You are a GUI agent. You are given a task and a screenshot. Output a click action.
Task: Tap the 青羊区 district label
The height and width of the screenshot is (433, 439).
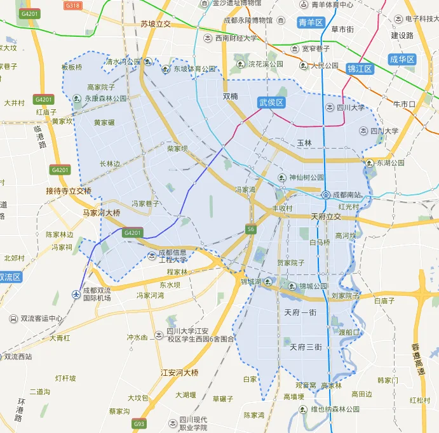[x=311, y=23]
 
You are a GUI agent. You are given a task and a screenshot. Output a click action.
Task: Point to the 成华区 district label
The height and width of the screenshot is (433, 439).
[x=402, y=59]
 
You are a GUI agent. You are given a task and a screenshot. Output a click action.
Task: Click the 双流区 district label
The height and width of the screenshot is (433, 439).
[x=10, y=277]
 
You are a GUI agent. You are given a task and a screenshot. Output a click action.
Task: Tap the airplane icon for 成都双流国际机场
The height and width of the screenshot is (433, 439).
[x=76, y=294]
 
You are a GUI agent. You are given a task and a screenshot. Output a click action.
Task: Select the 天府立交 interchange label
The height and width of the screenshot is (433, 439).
[x=326, y=216]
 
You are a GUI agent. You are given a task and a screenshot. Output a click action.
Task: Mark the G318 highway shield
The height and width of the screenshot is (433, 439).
[x=73, y=5]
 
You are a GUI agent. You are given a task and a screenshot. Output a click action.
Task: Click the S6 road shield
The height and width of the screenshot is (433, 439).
[x=252, y=229]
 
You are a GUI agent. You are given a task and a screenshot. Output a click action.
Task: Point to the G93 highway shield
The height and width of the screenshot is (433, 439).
[x=138, y=423]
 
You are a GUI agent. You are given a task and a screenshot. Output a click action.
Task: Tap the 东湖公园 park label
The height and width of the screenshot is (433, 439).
[x=390, y=163]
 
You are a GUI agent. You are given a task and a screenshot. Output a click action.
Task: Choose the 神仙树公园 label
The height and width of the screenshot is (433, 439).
[x=306, y=178]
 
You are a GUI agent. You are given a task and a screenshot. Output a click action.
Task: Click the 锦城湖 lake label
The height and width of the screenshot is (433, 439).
[x=251, y=281]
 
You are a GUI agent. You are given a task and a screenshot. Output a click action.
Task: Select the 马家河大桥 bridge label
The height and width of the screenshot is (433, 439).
[x=102, y=213]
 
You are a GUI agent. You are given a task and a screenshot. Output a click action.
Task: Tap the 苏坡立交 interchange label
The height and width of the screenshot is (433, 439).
[x=156, y=24]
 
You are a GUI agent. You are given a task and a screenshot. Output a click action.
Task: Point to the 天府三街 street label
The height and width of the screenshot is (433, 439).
[x=306, y=347]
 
